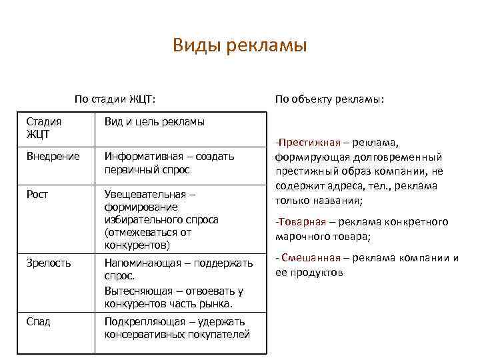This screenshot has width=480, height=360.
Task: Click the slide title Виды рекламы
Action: coord(239,45)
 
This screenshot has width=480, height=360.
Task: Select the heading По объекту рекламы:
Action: coord(329,99)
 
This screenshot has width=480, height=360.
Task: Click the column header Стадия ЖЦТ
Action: coord(43,128)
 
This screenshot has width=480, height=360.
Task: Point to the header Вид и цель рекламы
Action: coord(154,122)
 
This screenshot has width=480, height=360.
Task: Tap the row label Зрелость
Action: coord(48,263)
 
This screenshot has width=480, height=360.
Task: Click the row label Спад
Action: coord(38,321)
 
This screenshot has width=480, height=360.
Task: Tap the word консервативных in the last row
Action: coord(138,334)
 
